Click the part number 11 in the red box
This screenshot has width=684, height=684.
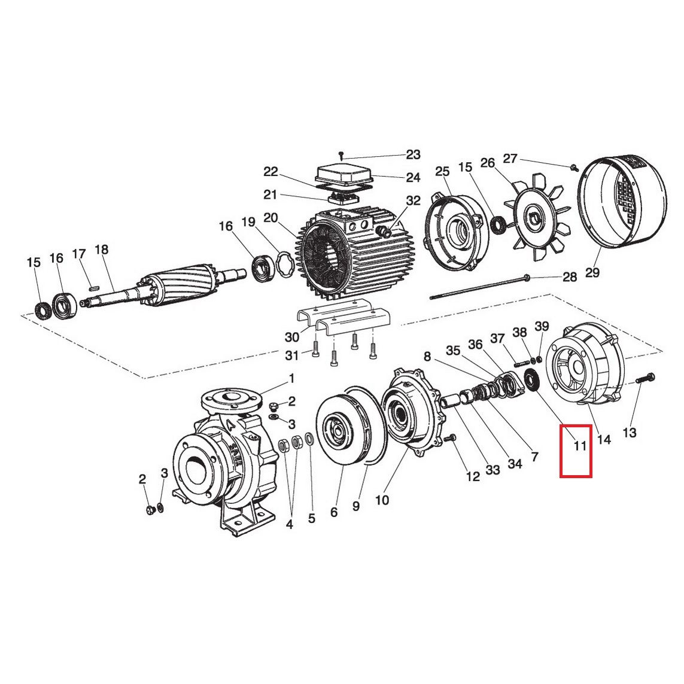click(x=579, y=445)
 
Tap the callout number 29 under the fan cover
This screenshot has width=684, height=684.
click(x=592, y=273)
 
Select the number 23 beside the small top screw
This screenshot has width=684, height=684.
click(x=414, y=155)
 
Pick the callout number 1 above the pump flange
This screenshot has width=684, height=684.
click(x=291, y=378)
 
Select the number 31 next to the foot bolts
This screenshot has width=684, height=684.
click(x=291, y=355)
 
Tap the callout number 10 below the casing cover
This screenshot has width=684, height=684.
click(x=381, y=500)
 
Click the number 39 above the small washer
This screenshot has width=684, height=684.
click(x=542, y=326)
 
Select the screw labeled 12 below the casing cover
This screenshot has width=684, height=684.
click(x=452, y=439)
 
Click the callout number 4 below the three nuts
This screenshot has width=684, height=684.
click(x=290, y=525)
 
